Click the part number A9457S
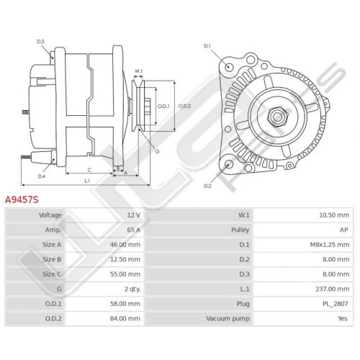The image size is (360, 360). click(22, 199)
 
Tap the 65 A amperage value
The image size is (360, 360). click(134, 230)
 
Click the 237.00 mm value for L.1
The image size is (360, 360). click(333, 289)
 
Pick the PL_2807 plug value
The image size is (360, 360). click(336, 304)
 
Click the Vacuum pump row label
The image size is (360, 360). click(228, 319)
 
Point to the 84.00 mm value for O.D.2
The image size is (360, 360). click(125, 319)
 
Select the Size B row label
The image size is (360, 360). click(52, 259)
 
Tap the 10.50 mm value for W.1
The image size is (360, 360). click(334, 215)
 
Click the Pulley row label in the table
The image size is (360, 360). click(240, 230)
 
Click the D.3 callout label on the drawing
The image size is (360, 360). click(40, 42)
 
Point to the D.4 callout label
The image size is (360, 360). click(42, 176)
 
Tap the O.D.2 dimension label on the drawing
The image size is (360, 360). click(184, 106)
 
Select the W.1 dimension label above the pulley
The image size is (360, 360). click(138, 71)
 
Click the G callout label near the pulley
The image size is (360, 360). click(157, 151)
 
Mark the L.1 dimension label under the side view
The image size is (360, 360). click(87, 181)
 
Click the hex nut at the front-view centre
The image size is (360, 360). click(277, 117)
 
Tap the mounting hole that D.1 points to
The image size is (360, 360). click(229, 66)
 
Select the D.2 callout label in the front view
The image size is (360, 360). click(207, 186)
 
